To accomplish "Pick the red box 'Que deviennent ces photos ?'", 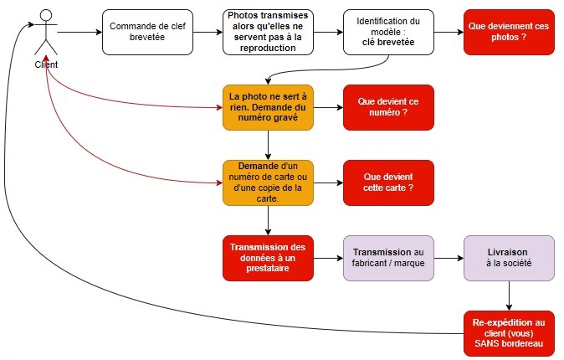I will (x=510, y=33).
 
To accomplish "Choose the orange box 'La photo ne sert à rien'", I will (x=268, y=107).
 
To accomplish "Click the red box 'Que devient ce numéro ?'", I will (x=388, y=107).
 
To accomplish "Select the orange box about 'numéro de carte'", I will (x=268, y=183).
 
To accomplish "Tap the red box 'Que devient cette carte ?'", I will (x=388, y=183).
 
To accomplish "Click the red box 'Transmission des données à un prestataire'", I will (x=268, y=258).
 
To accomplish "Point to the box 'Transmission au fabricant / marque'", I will (x=388, y=258).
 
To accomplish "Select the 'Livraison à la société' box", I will (x=510, y=258).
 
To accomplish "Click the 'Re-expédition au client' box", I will (x=510, y=333).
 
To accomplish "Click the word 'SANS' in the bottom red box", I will (x=490, y=344).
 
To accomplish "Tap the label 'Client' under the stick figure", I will (x=47, y=64).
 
